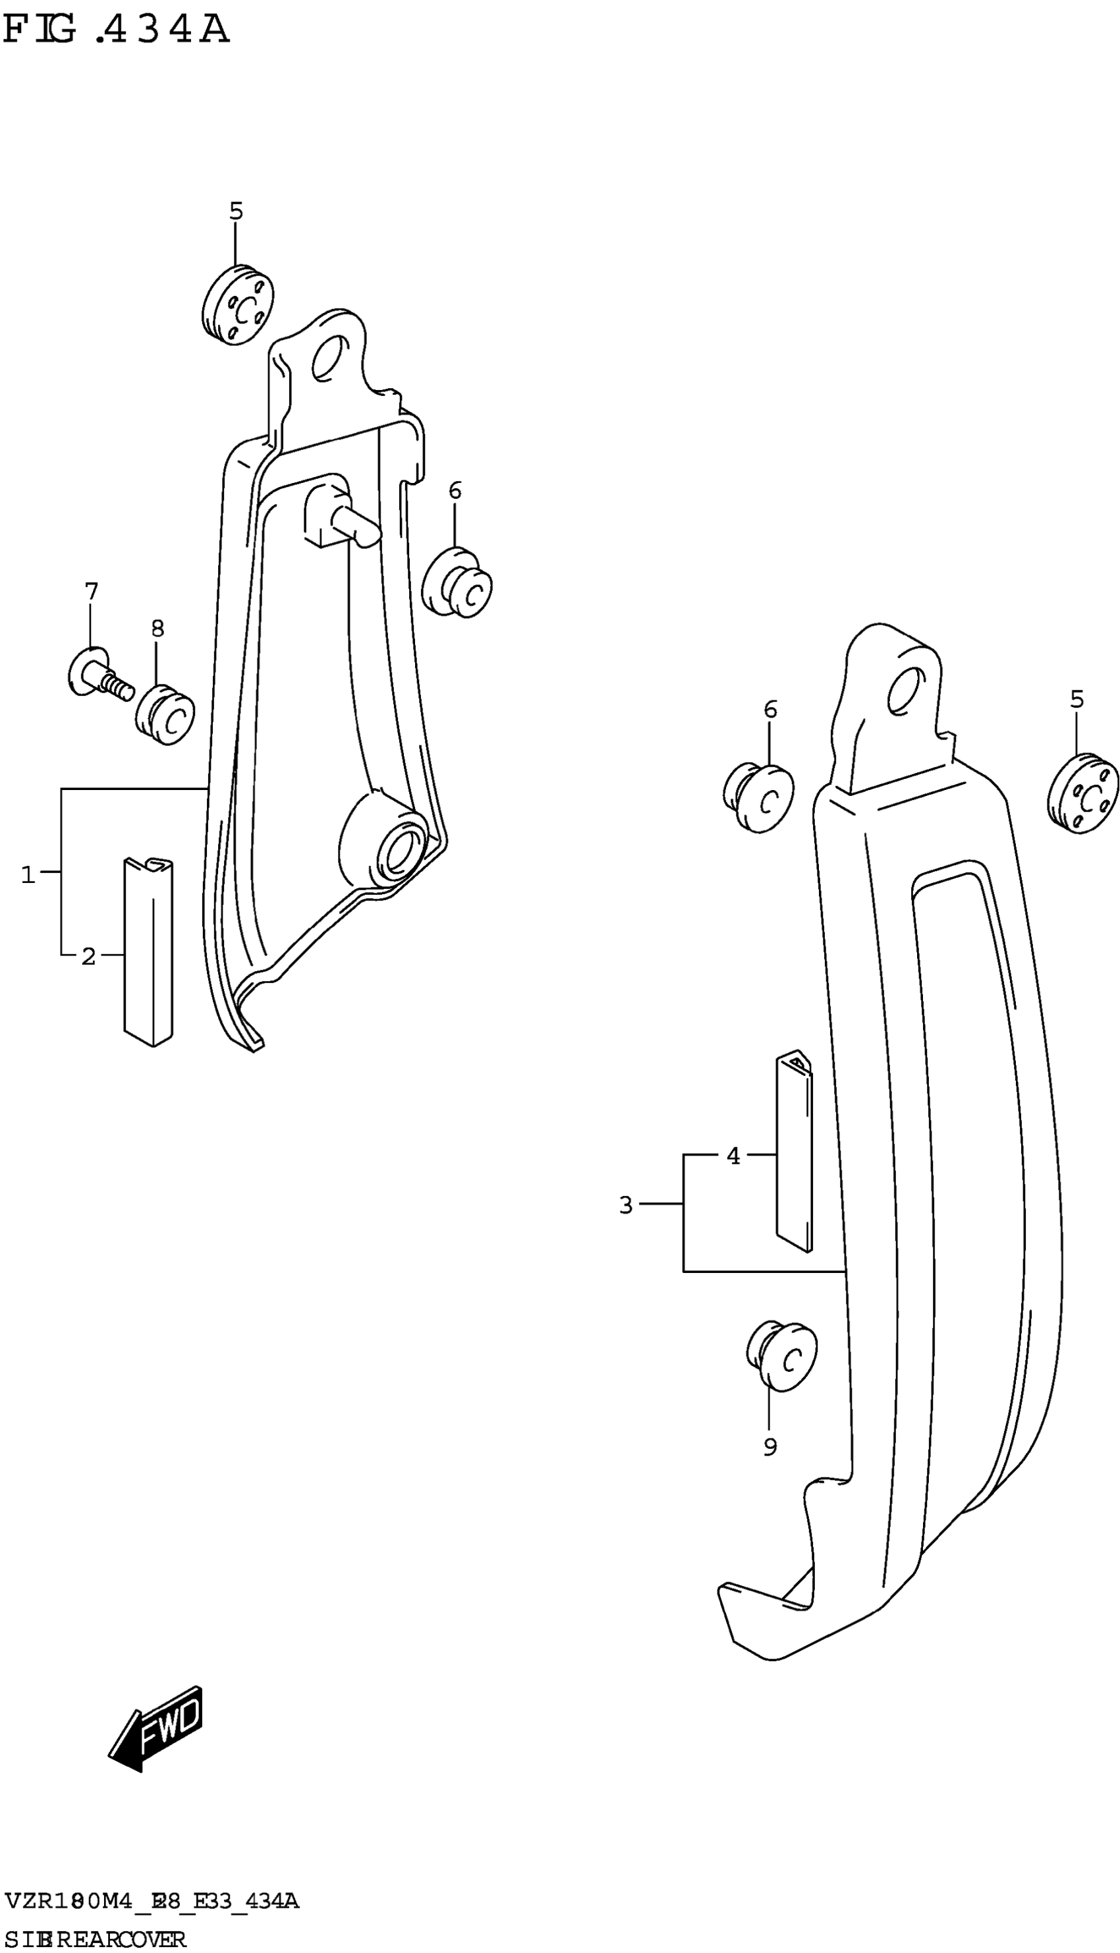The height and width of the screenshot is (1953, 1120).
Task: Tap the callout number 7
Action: (x=91, y=592)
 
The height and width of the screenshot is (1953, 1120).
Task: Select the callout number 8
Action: (x=157, y=629)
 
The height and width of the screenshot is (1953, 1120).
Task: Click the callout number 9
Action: (x=770, y=1447)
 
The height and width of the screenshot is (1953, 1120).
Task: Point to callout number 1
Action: (x=28, y=874)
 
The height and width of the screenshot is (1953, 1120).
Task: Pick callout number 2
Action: (x=88, y=956)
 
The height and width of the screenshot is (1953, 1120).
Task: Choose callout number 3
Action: (x=625, y=1204)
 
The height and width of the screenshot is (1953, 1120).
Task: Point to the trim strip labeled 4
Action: (x=794, y=1152)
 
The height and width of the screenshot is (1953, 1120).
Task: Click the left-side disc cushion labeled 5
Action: (x=238, y=305)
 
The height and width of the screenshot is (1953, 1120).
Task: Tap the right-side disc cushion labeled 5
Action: (x=1082, y=793)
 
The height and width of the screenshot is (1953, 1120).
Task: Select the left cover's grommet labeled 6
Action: (x=459, y=582)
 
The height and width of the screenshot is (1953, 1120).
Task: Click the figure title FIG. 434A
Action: (x=115, y=31)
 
